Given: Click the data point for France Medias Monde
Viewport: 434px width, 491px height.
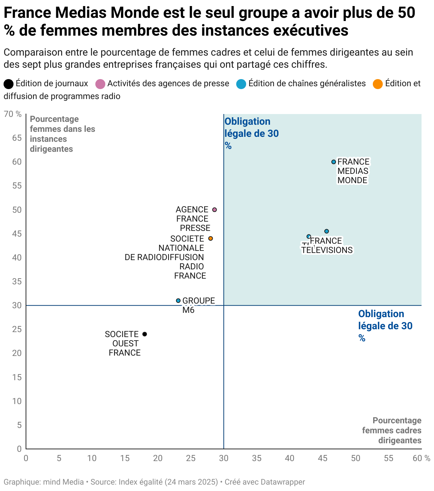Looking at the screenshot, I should pyautogui.click(x=333, y=162).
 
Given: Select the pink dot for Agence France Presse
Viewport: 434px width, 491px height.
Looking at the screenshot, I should pyautogui.click(x=215, y=210).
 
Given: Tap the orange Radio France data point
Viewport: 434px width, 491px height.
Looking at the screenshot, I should pyautogui.click(x=210, y=238).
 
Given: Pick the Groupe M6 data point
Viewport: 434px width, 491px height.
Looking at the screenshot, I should pyautogui.click(x=178, y=301).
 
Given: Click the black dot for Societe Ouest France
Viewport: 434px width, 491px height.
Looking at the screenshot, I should pyautogui.click(x=144, y=334).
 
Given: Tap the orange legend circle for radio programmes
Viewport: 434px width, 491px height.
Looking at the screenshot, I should pyautogui.click(x=377, y=84).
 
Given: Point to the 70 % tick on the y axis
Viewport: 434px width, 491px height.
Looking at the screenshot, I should pyautogui.click(x=13, y=114).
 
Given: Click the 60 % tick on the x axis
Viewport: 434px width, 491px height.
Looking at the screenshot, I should pyautogui.click(x=421, y=458).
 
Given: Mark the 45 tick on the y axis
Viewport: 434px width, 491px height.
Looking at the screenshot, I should pyautogui.click(x=17, y=234).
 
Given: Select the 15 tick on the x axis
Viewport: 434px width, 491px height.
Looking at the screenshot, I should pyautogui.click(x=125, y=458).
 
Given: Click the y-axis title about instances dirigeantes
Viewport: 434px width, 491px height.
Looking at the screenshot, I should pyautogui.click(x=62, y=134).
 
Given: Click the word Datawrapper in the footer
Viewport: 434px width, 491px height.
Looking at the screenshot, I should pyautogui.click(x=282, y=482).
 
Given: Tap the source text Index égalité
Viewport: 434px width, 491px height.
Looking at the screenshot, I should pyautogui.click(x=141, y=482).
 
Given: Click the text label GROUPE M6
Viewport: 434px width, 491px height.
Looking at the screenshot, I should pyautogui.click(x=198, y=305).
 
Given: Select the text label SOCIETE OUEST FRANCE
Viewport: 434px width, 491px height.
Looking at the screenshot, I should pyautogui.click(x=122, y=343).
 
